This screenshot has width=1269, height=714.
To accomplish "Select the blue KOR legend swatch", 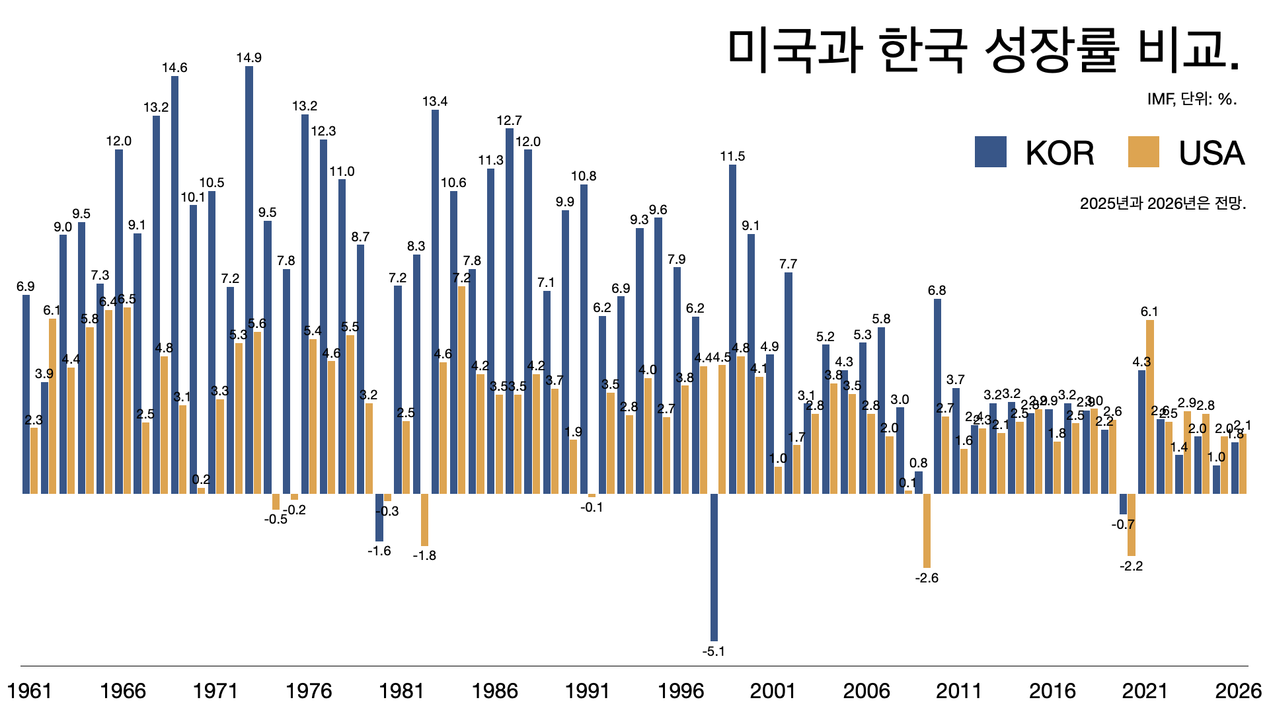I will coord(990,151).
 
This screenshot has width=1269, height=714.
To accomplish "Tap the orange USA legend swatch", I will coord(1143,151).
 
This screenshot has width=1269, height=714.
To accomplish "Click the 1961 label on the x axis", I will coord(29,691).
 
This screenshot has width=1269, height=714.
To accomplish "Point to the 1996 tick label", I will coord(680,691).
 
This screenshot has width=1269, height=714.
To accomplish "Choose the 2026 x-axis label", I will coord(1238,691).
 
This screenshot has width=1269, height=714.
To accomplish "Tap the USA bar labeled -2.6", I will coord(927,530).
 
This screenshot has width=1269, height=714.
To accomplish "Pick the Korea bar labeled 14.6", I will coord(174,284).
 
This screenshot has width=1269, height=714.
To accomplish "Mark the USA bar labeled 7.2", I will coord(461,390).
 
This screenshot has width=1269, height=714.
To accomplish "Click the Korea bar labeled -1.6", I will coord(379,517).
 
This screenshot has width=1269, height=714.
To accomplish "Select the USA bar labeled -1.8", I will coord(424,520).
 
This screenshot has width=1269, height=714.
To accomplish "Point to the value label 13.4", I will coord(435,101).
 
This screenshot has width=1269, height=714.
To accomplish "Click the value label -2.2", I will coord(1131,566).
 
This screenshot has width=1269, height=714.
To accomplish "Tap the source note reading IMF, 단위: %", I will coord(1192,99).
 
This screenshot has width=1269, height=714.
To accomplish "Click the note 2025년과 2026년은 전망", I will coord(1163,203).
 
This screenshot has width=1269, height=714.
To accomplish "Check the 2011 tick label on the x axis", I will coord(959,691).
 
